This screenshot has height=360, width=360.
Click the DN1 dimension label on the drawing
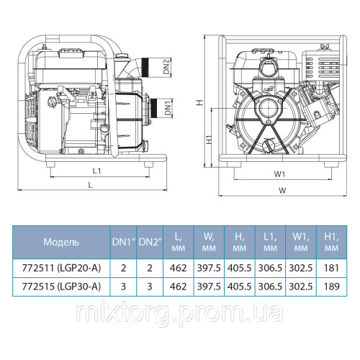point(166,110)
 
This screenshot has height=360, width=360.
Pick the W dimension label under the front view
point(282,192)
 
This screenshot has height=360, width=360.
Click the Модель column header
point(62,241)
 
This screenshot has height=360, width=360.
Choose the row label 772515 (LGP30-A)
point(62,285)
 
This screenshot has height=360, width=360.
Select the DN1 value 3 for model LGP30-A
point(123,285)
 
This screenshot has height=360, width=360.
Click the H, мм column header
point(238,241)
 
